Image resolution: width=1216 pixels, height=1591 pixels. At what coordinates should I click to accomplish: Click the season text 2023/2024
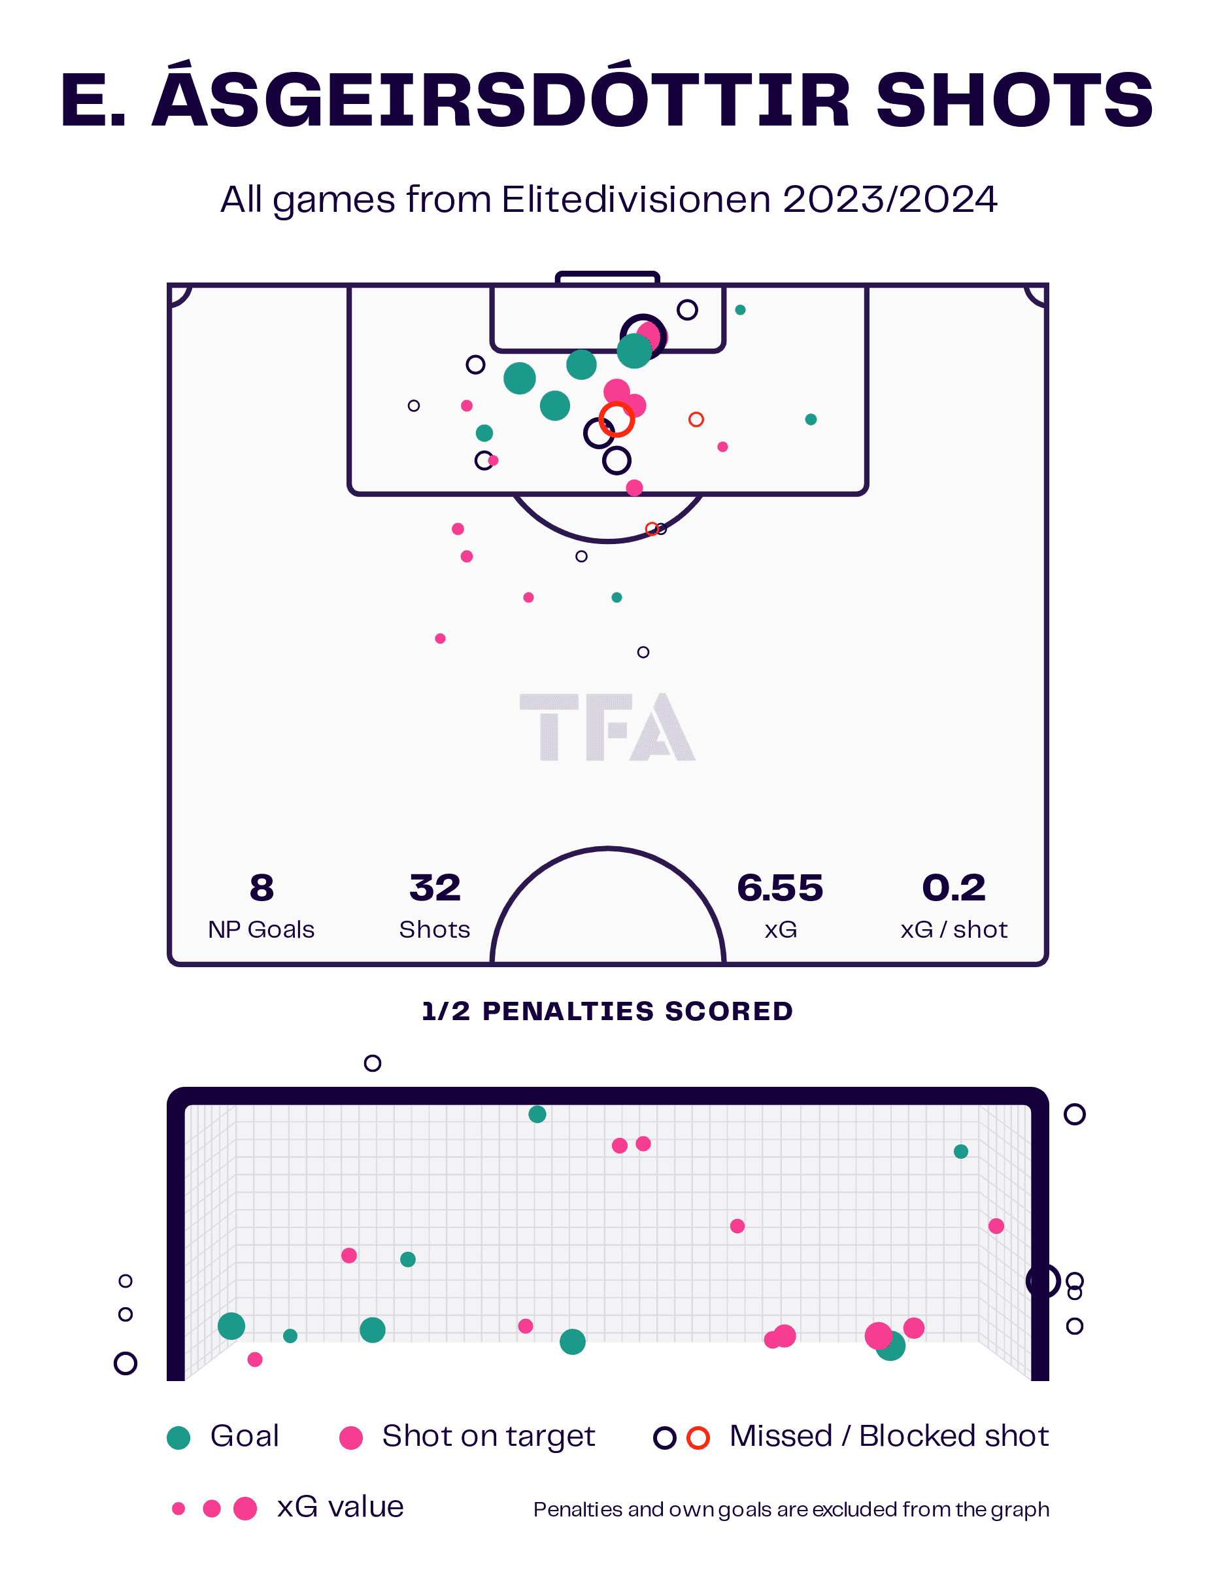tap(889, 200)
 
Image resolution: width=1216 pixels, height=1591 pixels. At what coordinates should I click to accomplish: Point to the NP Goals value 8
tap(261, 887)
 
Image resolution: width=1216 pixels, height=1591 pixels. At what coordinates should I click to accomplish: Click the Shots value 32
tap(434, 887)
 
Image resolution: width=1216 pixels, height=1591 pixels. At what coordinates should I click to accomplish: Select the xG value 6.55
tap(779, 887)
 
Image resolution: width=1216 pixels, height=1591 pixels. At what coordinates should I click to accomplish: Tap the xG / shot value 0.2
tap(953, 887)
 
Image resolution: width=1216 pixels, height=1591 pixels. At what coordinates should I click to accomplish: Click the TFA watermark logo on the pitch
tap(607, 727)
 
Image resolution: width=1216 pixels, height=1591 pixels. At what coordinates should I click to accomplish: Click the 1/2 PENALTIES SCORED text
tap(607, 1011)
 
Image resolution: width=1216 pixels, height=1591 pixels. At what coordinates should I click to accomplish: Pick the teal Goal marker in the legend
tap(178, 1437)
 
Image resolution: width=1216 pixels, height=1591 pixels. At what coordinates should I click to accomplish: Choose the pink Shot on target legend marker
tap(351, 1437)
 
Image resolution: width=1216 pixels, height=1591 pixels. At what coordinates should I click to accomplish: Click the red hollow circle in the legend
tap(698, 1437)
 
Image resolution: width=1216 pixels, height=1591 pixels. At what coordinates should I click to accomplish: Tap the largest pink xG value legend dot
tap(245, 1509)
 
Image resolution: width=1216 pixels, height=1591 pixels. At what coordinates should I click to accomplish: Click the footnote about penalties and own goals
tap(790, 1509)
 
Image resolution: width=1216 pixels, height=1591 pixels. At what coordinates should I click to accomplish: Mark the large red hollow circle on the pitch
tap(616, 419)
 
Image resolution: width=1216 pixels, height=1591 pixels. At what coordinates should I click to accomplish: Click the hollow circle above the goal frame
tap(372, 1063)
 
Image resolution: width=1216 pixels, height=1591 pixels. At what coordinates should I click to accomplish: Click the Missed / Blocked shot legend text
tap(889, 1436)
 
